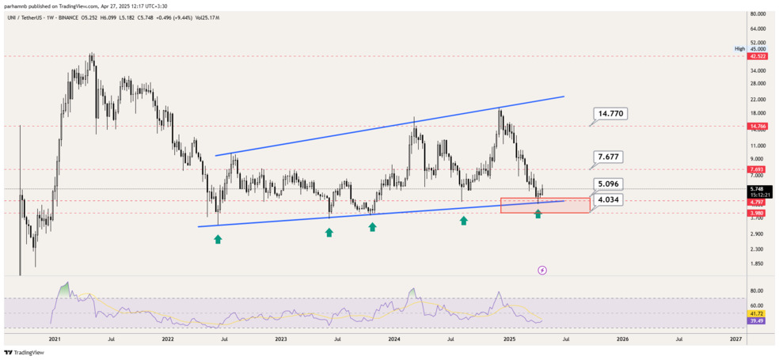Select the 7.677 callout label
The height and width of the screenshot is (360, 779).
tap(610, 157)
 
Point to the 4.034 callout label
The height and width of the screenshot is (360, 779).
tap(610, 201)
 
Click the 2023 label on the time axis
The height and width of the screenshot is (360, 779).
tap(281, 339)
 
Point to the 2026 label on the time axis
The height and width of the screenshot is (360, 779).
tap(622, 339)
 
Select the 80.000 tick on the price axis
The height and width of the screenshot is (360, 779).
tap(757, 14)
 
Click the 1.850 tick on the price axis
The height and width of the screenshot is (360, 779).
tap(757, 263)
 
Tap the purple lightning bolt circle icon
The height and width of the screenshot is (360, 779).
tap(542, 270)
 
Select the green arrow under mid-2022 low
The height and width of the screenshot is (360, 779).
tap(218, 237)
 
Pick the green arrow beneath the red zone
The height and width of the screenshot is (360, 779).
tap(538, 214)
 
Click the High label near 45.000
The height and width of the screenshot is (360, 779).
tap(739, 48)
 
